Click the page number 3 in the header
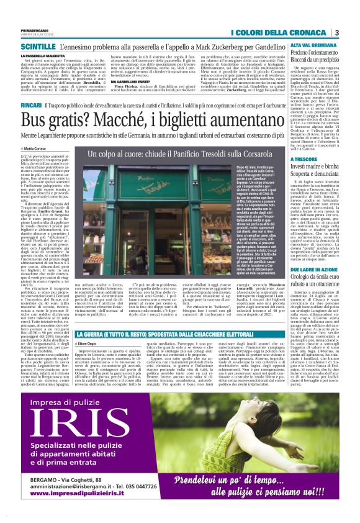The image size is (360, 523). [336, 32]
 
